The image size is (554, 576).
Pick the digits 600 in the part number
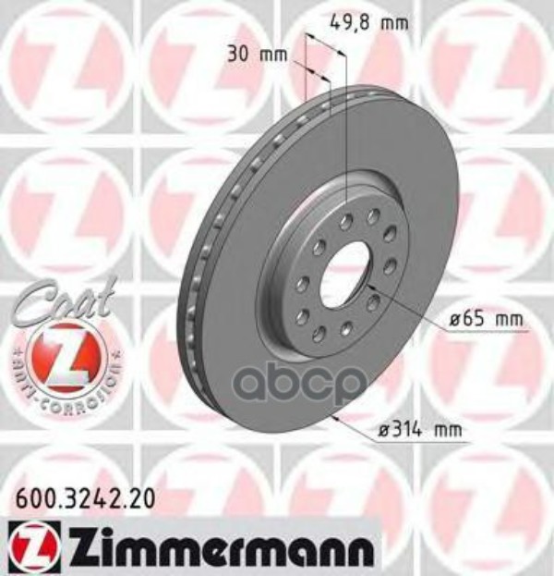pos(29,497)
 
